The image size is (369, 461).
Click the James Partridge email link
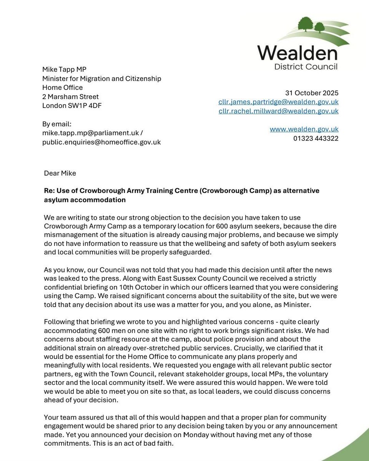[x=278, y=102]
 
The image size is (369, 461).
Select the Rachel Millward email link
[x=278, y=111]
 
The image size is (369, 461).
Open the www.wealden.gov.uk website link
[x=304, y=129]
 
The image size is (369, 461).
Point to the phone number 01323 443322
[x=316, y=138]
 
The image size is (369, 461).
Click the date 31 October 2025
[x=312, y=93]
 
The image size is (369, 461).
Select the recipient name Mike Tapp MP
[x=64, y=70]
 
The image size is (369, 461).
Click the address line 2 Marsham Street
[x=70, y=97]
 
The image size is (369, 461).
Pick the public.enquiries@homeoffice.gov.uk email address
[x=101, y=142]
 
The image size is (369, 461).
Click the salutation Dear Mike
[x=60, y=173]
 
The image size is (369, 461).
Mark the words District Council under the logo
[x=306, y=67]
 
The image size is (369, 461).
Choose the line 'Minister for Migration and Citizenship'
[x=101, y=79]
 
